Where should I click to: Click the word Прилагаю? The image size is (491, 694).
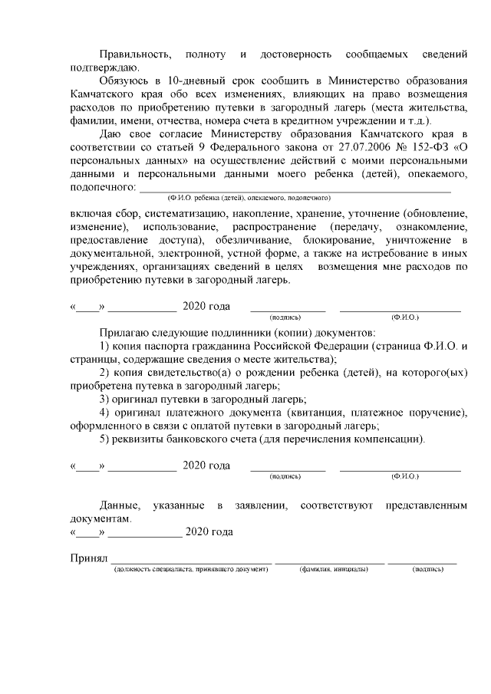[x=125, y=334]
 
